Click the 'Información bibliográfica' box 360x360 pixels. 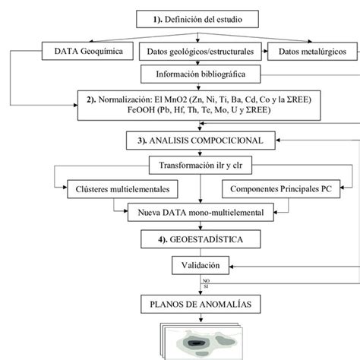(201, 74)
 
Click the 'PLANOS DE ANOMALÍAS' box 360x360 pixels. (201, 305)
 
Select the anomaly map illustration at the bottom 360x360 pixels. (201, 342)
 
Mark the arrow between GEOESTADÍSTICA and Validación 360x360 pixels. (201, 252)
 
